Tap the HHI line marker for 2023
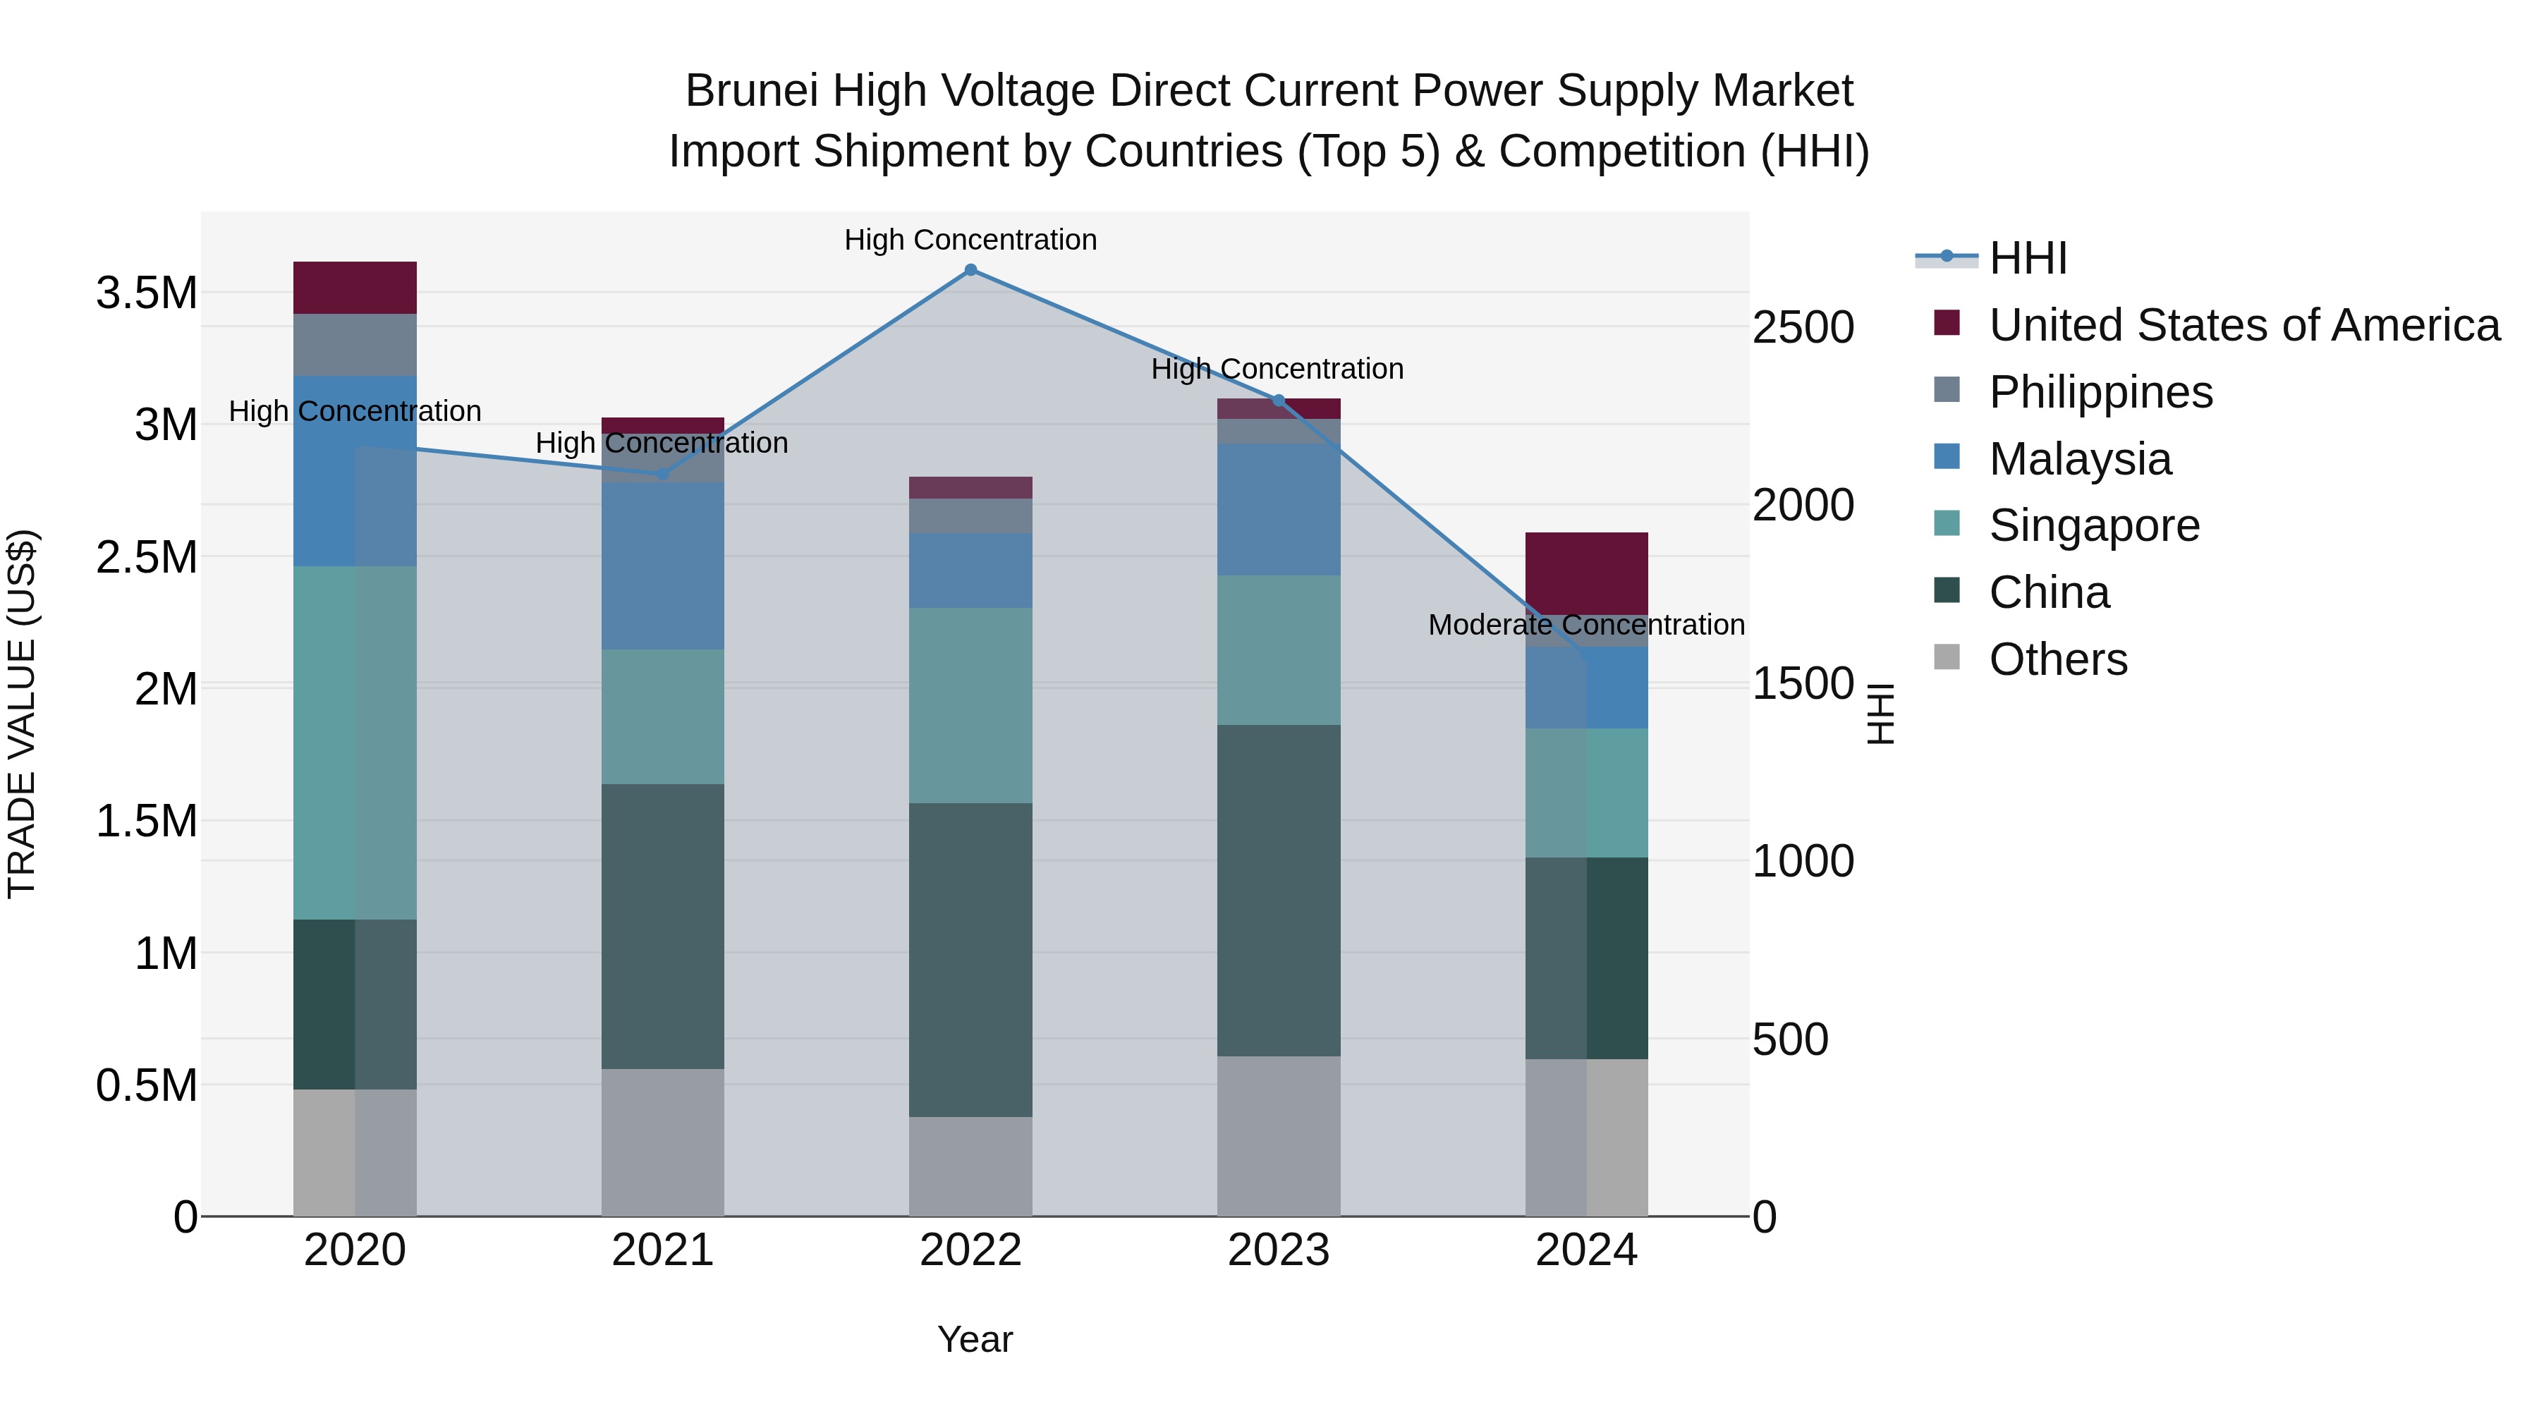pos(1279,400)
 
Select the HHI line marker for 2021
pos(662,474)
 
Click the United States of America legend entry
pos(2243,325)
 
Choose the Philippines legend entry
pos(2100,392)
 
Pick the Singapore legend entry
pos(2093,525)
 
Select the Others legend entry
pos(2058,659)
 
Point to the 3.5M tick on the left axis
pos(146,293)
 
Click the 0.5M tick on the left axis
pos(146,1086)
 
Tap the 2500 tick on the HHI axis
pos(1803,327)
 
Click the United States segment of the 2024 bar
pos(1586,573)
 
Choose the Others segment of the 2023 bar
pos(1279,1135)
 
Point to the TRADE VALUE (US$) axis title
pos(22,714)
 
